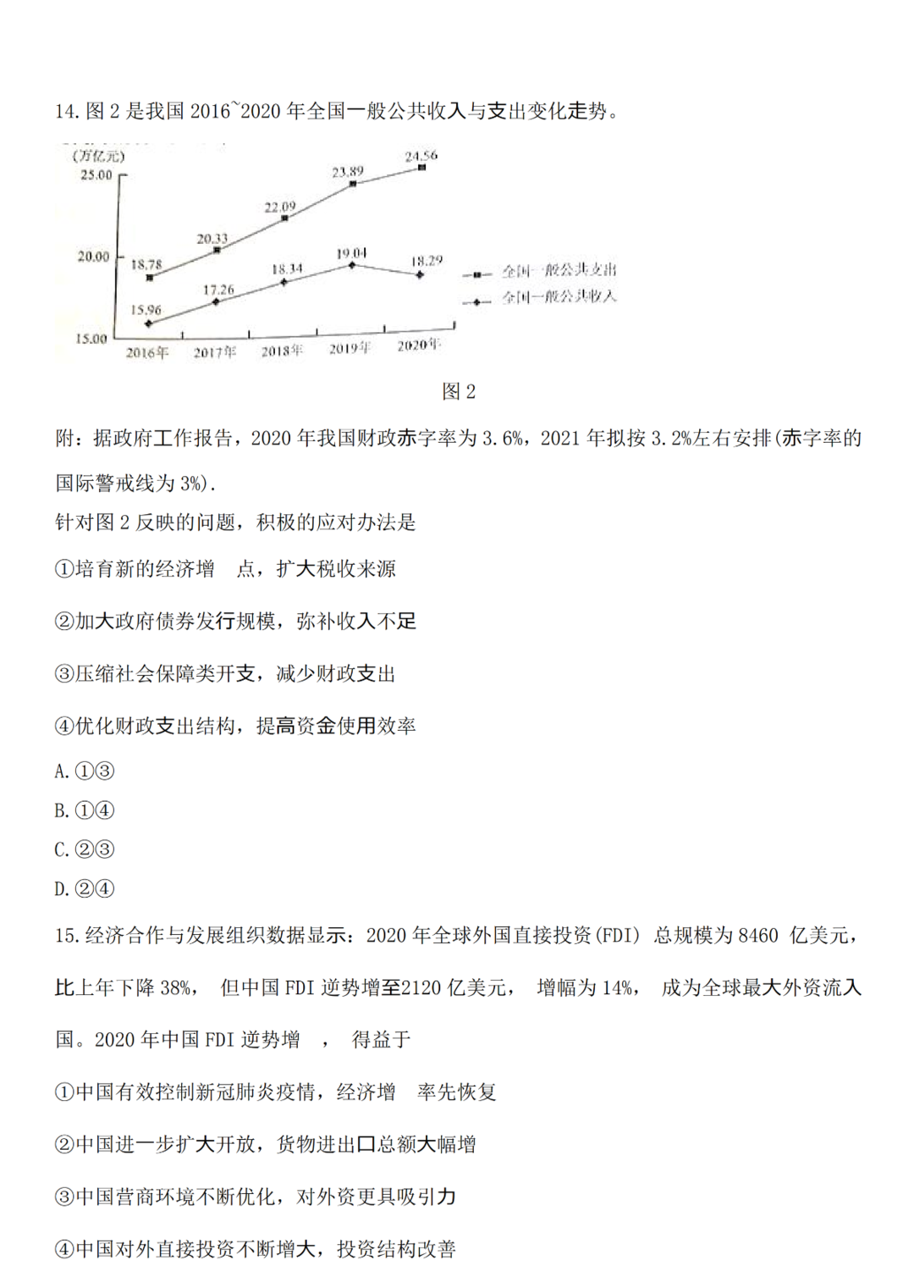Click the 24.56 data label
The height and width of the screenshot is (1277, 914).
(421, 156)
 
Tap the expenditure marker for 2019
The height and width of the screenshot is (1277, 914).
(353, 183)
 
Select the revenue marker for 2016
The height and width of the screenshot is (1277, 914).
(149, 323)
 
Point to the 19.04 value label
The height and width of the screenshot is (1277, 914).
(351, 253)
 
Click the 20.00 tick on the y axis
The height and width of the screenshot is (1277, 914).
(94, 257)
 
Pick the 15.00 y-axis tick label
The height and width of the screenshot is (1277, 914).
(91, 339)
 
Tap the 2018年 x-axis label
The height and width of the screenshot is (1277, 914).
(282, 351)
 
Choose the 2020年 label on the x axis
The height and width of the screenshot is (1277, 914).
(419, 346)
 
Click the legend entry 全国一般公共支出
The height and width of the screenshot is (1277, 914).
(559, 271)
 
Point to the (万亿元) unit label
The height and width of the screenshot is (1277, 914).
(98, 157)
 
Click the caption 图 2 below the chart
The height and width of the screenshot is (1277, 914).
(459, 391)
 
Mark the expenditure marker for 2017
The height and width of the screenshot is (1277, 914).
(217, 250)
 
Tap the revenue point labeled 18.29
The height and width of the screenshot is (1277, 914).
(420, 274)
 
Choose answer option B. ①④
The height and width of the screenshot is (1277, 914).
(84, 810)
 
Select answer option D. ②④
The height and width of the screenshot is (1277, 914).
(84, 888)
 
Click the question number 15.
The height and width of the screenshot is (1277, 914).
(66, 936)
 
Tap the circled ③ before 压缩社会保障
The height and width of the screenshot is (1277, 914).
(64, 674)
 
